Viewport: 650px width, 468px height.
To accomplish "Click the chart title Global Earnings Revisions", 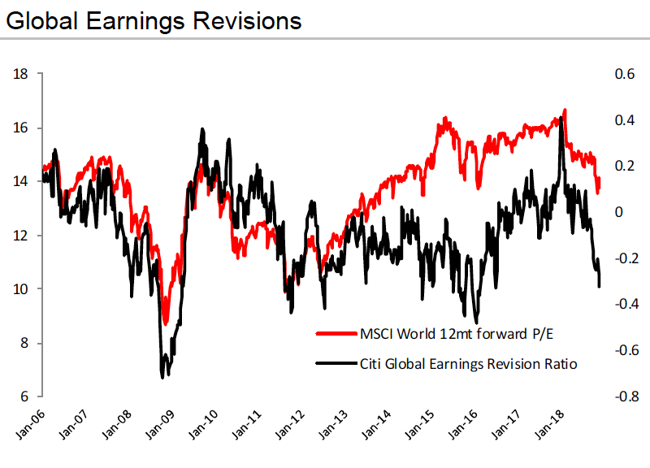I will click(154, 19).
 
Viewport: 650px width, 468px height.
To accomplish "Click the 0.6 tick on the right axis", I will click(623, 74).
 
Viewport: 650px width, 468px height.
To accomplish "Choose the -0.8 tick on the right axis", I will click(622, 396).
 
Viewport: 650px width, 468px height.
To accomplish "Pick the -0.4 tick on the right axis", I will click(622, 305).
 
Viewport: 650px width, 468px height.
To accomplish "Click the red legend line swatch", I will click(336, 333).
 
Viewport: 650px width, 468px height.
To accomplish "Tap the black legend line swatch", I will click(336, 364).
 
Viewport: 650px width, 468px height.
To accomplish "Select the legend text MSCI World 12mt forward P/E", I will click(453, 333).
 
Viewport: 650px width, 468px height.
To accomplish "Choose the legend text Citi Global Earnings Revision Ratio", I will click(468, 364).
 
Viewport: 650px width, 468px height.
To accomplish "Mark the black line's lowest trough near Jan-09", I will click(162, 376).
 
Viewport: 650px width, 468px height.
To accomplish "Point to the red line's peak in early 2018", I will click(565, 110).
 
